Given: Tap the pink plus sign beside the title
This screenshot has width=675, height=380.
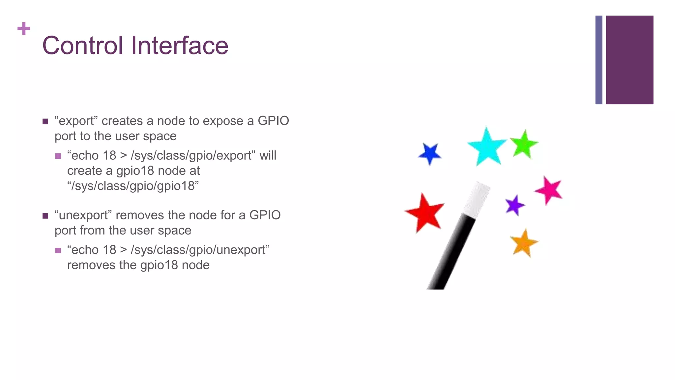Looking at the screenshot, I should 24,28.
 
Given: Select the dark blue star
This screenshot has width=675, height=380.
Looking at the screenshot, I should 429,153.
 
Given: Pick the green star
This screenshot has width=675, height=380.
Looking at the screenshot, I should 524,144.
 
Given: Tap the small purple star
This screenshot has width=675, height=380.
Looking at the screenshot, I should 514,205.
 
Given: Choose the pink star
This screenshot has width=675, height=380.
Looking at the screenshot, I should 549,190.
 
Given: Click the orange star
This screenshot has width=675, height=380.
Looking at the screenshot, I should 523,243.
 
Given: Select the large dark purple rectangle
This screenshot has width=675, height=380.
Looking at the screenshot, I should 629,60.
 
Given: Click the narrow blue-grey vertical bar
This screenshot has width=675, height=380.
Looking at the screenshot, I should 599,60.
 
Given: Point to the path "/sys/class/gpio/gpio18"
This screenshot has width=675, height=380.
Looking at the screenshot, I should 133,186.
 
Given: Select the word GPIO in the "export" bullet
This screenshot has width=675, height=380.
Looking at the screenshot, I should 273,121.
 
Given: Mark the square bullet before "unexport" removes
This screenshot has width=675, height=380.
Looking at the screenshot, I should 45,216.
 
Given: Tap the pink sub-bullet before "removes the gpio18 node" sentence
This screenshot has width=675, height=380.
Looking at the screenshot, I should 58,251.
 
